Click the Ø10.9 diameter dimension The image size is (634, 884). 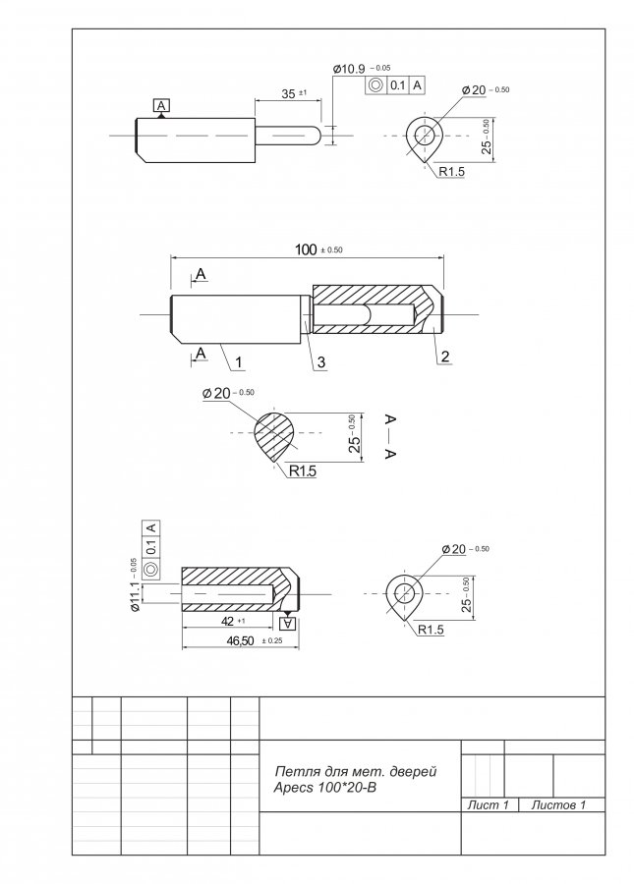pos(362,69)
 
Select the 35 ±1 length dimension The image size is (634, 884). pos(294,93)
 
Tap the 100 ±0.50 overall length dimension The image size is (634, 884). pos(318,249)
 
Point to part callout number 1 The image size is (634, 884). pos(238,361)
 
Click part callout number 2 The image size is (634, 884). pos(445,356)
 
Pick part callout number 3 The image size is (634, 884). pos(321,361)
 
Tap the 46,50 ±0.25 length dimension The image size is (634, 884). pos(255,641)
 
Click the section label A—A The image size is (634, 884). pos(390,436)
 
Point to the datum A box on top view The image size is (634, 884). pos(161,105)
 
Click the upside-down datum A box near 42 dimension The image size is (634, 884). pos(288,623)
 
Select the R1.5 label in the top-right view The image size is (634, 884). pos(451,171)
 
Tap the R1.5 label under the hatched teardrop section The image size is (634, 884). pos(303,470)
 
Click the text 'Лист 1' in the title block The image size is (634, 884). pos(488,805)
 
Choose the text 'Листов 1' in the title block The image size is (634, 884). pos(558,805)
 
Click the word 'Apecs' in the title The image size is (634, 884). pos(293,788)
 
